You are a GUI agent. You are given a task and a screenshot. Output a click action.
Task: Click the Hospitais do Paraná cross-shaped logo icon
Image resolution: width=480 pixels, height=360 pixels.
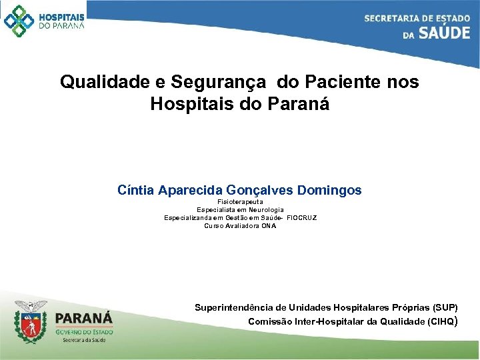[x=19, y=21]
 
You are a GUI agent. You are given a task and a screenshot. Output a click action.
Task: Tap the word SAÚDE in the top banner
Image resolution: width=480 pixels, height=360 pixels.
[x=445, y=33]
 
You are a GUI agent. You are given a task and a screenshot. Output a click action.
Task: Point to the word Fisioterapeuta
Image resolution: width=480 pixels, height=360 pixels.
[x=240, y=201]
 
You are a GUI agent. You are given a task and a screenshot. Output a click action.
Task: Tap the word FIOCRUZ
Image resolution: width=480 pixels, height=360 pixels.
[x=301, y=217]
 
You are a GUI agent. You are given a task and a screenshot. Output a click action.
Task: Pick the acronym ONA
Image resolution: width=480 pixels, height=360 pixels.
[x=268, y=225]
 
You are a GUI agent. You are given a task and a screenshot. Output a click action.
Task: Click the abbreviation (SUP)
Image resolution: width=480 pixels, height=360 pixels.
[x=445, y=307]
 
